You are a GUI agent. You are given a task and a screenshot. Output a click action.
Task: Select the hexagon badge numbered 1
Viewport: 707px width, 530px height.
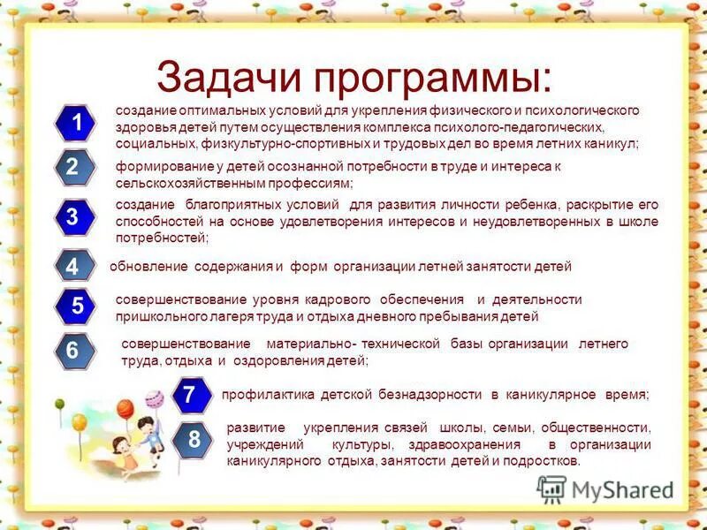click(x=77, y=124)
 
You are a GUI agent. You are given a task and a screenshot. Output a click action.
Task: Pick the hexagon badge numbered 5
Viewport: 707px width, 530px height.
click(x=77, y=307)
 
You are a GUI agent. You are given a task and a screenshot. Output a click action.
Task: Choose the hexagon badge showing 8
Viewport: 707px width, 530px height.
click(x=194, y=439)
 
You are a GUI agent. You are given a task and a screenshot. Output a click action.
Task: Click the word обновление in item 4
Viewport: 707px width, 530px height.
click(x=148, y=266)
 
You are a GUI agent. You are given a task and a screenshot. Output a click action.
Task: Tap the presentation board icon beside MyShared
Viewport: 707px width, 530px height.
click(x=552, y=489)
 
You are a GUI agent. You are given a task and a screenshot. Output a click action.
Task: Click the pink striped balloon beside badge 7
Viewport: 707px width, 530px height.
click(x=153, y=398)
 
